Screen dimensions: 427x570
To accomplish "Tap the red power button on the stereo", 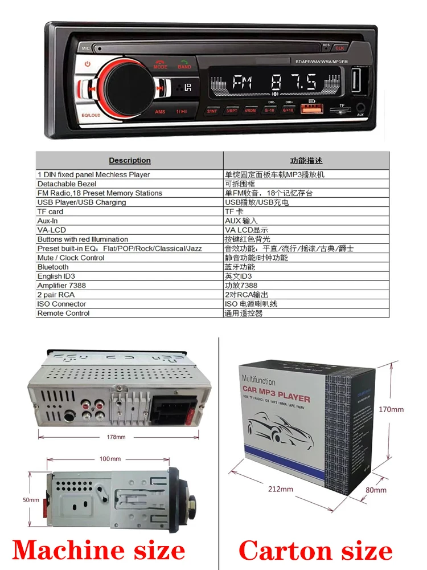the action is click(x=87, y=64).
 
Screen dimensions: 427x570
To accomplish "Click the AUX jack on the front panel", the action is click(x=360, y=107).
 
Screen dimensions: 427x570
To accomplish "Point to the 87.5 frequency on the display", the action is click(x=294, y=84).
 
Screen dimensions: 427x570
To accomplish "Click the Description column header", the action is click(x=130, y=161).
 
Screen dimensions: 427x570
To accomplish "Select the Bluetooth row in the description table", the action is click(x=53, y=267).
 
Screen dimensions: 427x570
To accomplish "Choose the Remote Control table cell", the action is click(x=63, y=313).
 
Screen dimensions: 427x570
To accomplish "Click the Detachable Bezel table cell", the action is click(x=67, y=184).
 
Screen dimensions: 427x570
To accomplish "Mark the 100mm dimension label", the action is click(x=110, y=459).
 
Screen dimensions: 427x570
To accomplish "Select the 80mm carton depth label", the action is click(x=376, y=490).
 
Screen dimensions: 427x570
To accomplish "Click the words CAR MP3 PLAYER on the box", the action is click(x=276, y=397).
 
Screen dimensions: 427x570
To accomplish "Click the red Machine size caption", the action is click(x=98, y=550).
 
